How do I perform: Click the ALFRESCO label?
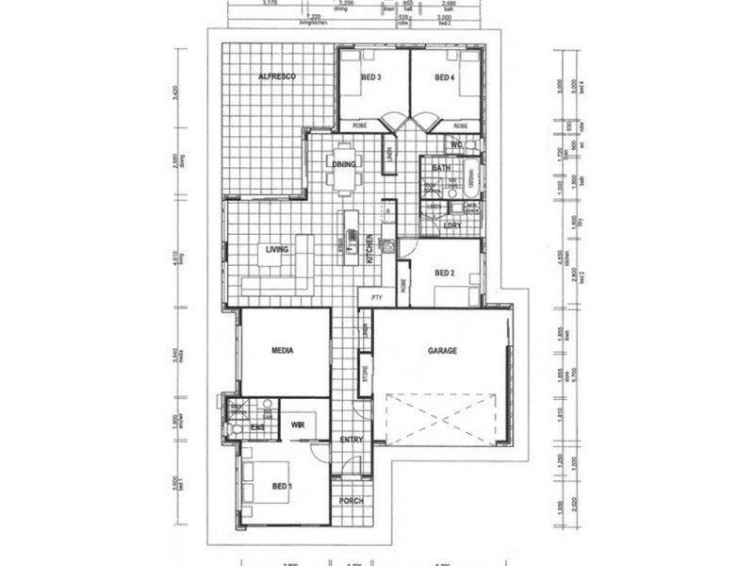278,75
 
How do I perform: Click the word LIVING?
276,249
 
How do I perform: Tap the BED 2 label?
446,274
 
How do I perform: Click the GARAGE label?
442,350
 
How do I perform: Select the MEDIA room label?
283,350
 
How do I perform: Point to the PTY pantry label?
377,298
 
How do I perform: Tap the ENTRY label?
351,440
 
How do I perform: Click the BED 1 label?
283,487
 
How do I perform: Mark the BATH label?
440,168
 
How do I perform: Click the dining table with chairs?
342,168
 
